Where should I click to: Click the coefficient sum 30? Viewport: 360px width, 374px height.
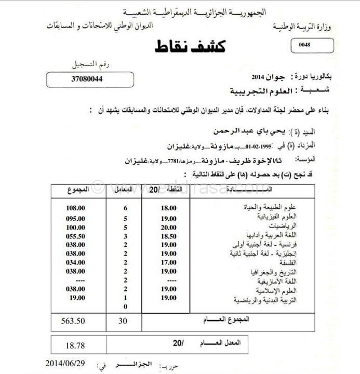pos(123,321)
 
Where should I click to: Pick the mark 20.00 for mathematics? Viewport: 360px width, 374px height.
pos(169,228)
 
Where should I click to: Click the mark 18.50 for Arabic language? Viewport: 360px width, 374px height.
pos(169,237)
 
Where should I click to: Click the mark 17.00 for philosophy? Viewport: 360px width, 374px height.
pos(169,262)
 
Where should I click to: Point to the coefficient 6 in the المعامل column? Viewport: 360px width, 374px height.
pos(125,208)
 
